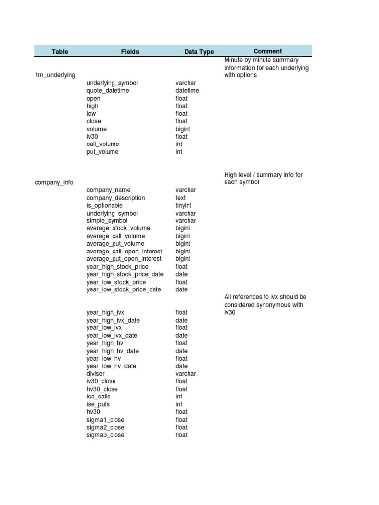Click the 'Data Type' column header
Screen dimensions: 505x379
coord(199,52)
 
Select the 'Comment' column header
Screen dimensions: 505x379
coord(267,51)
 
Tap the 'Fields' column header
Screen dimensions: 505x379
coord(130,52)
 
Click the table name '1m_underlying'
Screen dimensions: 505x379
coord(55,75)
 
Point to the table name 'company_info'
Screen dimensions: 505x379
coord(54,182)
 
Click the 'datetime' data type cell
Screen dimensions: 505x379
coord(187,91)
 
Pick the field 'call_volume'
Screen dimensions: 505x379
coord(103,144)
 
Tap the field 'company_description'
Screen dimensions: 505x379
coord(116,198)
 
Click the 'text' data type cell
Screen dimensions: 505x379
coord(181,198)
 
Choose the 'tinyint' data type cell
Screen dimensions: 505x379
coord(184,205)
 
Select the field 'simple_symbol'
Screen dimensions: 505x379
coord(107,221)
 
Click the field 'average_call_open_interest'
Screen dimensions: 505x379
coord(124,252)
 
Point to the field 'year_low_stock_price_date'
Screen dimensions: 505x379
coord(124,289)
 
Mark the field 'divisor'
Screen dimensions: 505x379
coord(96,374)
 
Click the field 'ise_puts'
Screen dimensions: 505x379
coord(98,404)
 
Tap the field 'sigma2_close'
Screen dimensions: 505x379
coord(106,427)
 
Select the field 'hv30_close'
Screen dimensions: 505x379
coord(102,389)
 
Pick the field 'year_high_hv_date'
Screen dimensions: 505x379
coord(113,351)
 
